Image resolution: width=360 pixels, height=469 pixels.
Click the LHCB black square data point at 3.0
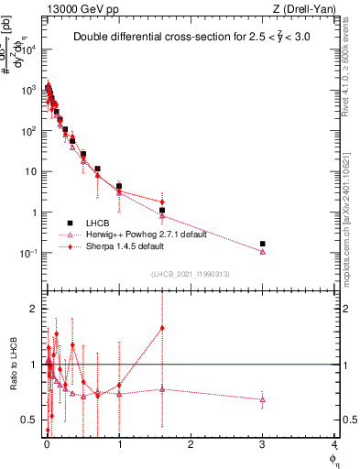click(x=263, y=244)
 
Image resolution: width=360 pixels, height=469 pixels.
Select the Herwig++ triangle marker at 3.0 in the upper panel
click(x=263, y=252)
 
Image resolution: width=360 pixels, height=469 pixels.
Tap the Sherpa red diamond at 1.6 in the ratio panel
click(x=162, y=328)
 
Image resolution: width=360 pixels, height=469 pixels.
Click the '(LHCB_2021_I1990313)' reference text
click(x=189, y=275)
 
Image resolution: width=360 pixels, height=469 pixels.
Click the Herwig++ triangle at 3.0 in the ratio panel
click(x=263, y=399)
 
